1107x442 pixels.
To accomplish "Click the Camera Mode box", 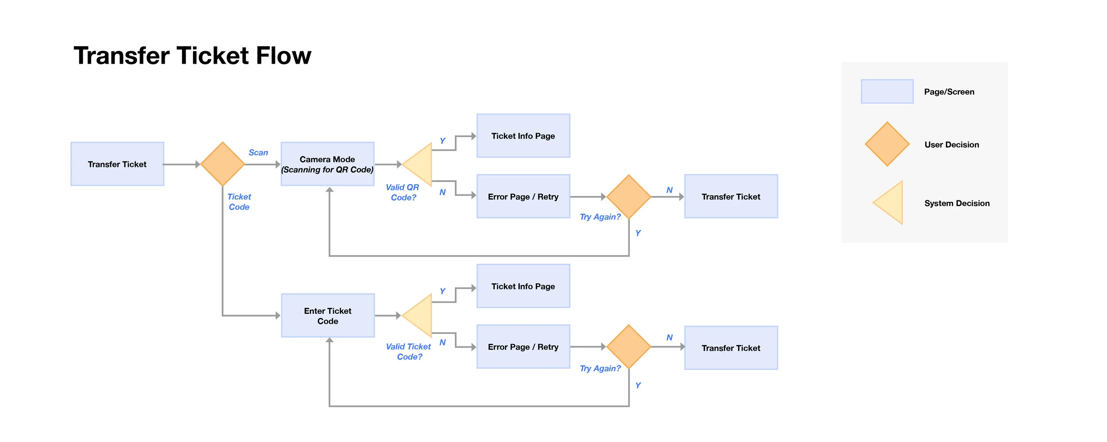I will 327,164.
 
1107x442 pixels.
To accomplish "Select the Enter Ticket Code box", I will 328,316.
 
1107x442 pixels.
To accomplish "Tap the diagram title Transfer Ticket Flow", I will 192,56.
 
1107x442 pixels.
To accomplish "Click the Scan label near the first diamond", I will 258,153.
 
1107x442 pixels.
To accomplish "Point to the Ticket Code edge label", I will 239,202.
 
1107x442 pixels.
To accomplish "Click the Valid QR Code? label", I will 403,192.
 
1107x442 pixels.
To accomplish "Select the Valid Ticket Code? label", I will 408,352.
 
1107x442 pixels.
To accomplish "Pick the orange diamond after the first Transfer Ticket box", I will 223,164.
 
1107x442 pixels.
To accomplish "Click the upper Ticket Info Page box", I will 523,136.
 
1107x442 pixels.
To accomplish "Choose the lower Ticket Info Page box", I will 523,286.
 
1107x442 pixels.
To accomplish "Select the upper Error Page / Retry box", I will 523,196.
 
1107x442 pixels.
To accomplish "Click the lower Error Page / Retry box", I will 523,347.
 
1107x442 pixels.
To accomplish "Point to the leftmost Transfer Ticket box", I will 117,164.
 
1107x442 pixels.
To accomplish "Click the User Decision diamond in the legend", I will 887,144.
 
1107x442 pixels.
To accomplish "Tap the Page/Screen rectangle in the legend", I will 887,92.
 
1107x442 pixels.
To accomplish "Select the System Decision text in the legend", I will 956,204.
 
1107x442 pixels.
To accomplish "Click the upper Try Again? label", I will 600,217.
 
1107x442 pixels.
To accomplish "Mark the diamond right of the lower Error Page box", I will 628,347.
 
